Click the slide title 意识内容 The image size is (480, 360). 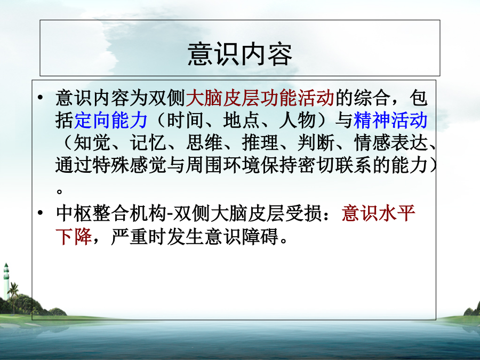click(x=239, y=54)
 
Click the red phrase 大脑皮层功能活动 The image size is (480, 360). click(x=260, y=98)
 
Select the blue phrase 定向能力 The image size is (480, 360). click(x=111, y=120)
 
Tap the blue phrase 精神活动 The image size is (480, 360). click(x=390, y=120)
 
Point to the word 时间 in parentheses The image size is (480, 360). click(x=185, y=120)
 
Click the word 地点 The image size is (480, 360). click(x=241, y=120)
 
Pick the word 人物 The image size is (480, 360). click(x=297, y=120)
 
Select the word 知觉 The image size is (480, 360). click(x=92, y=142)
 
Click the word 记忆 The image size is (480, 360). click(x=148, y=142)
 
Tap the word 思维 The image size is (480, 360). click(x=204, y=142)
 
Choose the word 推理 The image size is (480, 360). click(x=260, y=142)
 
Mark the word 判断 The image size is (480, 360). click(x=316, y=142)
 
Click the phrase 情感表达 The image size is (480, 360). click(x=390, y=142)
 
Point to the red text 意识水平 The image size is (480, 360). click(x=378, y=213)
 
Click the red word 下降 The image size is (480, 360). click(x=74, y=236)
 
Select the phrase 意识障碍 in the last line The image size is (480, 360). click(x=241, y=236)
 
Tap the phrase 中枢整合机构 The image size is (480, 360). click(x=111, y=213)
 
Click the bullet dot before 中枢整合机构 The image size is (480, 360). click(x=41, y=212)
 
